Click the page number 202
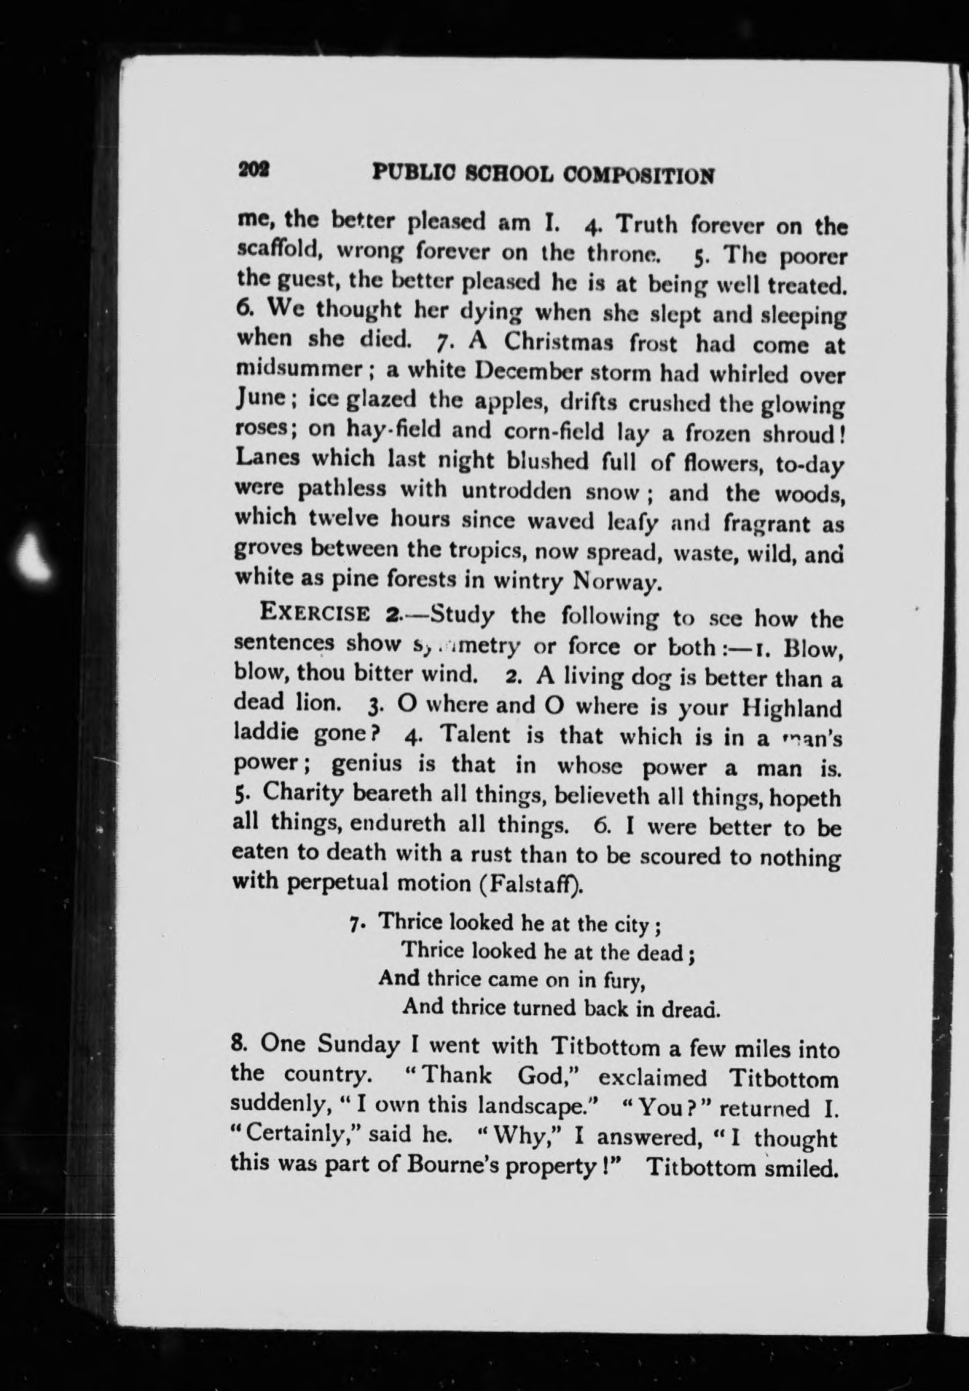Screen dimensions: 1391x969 point(254,170)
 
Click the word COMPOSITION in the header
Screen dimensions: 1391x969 point(639,175)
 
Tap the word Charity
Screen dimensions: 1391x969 point(299,792)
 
